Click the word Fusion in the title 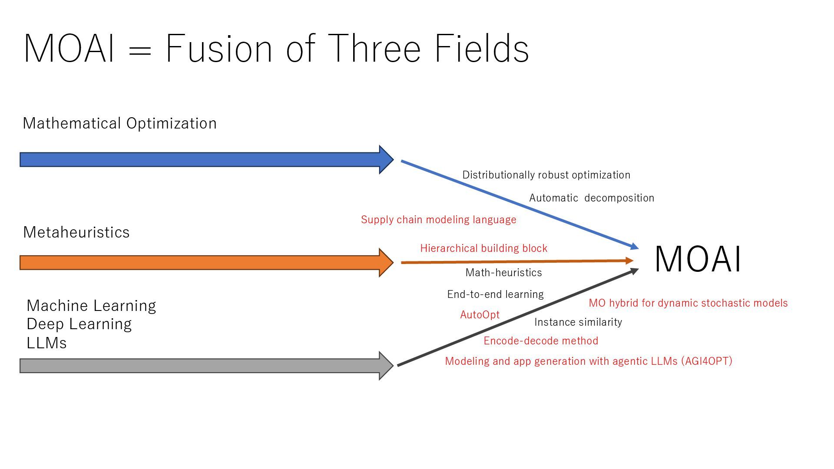(x=219, y=48)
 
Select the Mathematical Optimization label (x=119, y=123)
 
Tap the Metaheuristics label (x=76, y=232)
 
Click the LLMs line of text (x=46, y=343)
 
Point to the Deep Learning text (x=79, y=324)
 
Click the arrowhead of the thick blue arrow (x=386, y=160)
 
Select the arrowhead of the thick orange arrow (x=386, y=263)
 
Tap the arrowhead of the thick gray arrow (x=386, y=366)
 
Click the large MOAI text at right (x=698, y=259)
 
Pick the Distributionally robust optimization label (x=546, y=175)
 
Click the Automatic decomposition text (x=592, y=198)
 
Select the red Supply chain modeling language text (x=439, y=220)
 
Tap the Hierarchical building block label (x=483, y=248)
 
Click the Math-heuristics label (x=503, y=273)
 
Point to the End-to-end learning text (x=495, y=294)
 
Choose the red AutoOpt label (x=480, y=315)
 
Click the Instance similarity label (x=578, y=322)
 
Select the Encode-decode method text (x=541, y=341)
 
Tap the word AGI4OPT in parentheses (x=707, y=361)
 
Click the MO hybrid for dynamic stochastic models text (x=688, y=303)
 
